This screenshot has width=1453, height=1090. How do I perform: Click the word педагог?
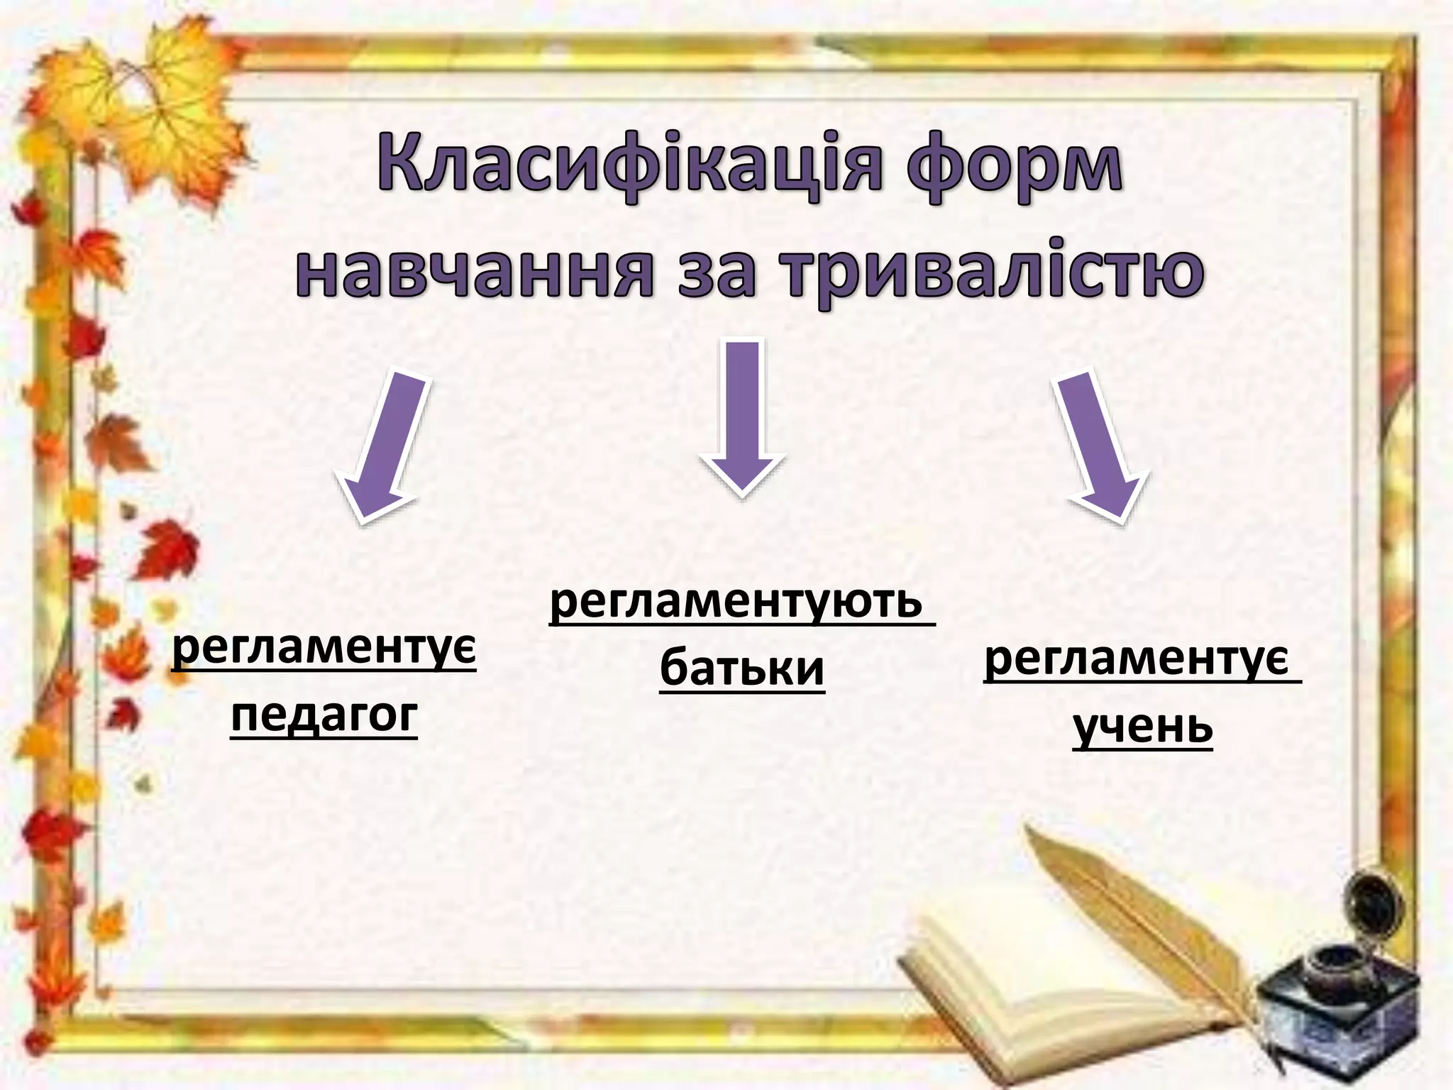tap(324, 715)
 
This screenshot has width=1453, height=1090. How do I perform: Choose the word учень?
tap(1142, 727)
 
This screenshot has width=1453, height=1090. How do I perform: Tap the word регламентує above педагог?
tap(324, 649)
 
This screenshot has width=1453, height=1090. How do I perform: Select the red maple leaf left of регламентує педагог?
tap(167, 550)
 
